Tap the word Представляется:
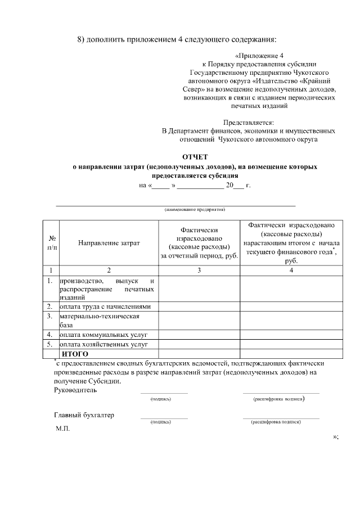point(248,122)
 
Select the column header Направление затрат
point(109,243)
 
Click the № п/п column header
point(52,243)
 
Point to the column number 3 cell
point(199,270)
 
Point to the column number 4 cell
point(291,270)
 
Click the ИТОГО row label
point(75,354)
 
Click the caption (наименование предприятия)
point(195,209)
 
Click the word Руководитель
point(75,390)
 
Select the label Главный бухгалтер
point(84,415)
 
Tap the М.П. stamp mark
point(62,429)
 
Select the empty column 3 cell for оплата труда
point(199,307)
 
